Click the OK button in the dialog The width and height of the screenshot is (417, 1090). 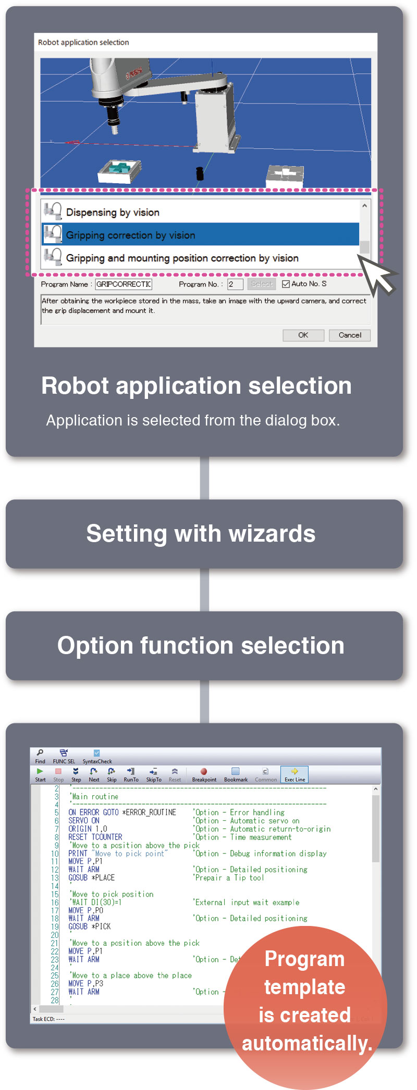pyautogui.click(x=303, y=335)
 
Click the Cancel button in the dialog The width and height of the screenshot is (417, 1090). pyautogui.click(x=349, y=335)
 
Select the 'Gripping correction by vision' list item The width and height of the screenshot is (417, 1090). pyautogui.click(x=200, y=235)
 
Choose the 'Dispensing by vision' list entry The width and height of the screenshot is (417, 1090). pyautogui.click(x=200, y=212)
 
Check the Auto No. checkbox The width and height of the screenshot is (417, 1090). pyautogui.click(x=286, y=284)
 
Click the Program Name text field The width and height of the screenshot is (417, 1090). pyautogui.click(x=124, y=284)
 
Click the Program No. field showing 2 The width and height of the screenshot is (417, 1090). pyautogui.click(x=235, y=284)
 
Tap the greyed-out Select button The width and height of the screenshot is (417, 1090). pyautogui.click(x=262, y=284)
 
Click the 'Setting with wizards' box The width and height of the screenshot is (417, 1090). pyautogui.click(x=204, y=534)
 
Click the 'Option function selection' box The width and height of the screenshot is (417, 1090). pyautogui.click(x=204, y=646)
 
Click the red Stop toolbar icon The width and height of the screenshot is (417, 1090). pyautogui.click(x=58, y=774)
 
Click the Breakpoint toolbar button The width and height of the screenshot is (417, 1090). pyautogui.click(x=204, y=774)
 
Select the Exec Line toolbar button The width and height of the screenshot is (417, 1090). pyautogui.click(x=295, y=774)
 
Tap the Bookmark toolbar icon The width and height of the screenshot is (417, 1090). pyautogui.click(x=236, y=774)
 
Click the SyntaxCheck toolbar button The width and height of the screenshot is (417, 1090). pyautogui.click(x=97, y=756)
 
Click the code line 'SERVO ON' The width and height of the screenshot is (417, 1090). pyautogui.click(x=84, y=820)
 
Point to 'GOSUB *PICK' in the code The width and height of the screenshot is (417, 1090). pyautogui.click(x=89, y=926)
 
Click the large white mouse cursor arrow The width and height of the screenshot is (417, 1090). pyautogui.click(x=378, y=274)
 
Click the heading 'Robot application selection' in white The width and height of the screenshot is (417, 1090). pyautogui.click(x=197, y=386)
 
